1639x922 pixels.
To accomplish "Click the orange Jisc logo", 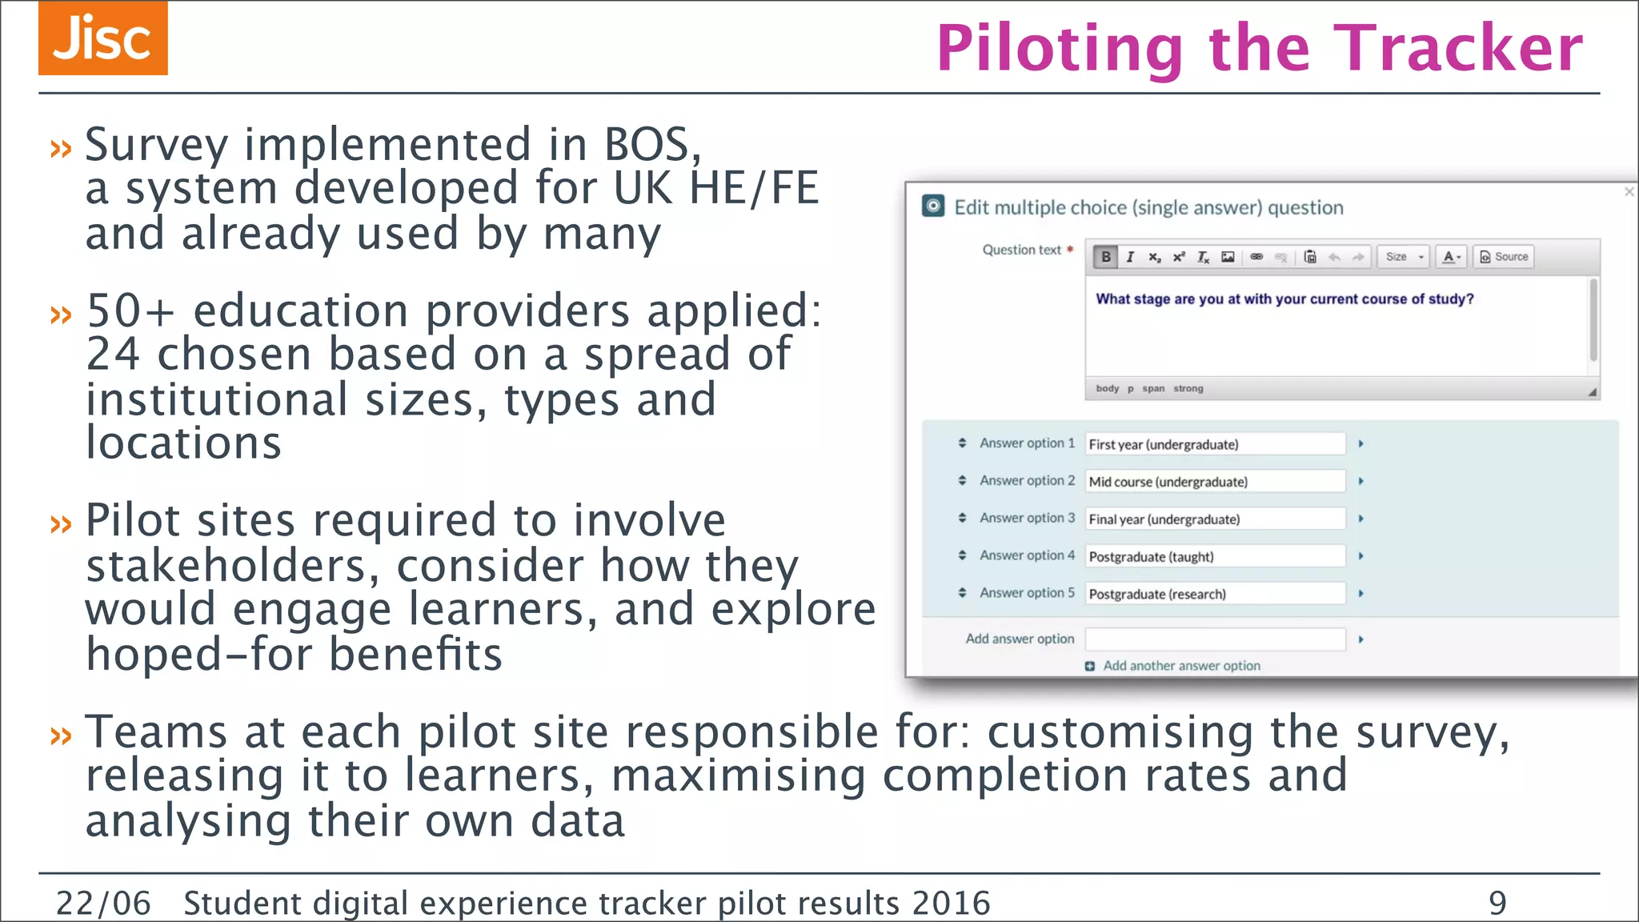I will (102, 38).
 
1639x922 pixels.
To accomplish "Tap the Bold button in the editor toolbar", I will (1106, 257).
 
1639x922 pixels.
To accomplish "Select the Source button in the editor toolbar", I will (1504, 257).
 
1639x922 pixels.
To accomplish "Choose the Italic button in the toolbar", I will (1130, 257).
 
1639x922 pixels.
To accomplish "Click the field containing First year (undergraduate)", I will (1214, 444).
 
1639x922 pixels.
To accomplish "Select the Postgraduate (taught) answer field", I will (1214, 556).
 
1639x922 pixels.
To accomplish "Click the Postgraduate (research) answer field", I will (1214, 594).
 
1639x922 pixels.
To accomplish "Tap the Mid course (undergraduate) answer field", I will (1214, 482).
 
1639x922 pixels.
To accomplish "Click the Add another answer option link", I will (1180, 666).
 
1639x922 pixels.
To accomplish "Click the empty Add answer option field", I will (1214, 639).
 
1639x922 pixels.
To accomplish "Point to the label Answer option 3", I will (1027, 518).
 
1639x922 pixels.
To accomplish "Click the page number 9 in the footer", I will (1497, 903).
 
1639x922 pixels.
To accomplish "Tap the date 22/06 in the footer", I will (103, 903).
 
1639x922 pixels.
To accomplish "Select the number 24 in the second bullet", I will (113, 354).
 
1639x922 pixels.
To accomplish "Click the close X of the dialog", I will (1629, 192).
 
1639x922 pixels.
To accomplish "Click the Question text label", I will (1021, 250).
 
